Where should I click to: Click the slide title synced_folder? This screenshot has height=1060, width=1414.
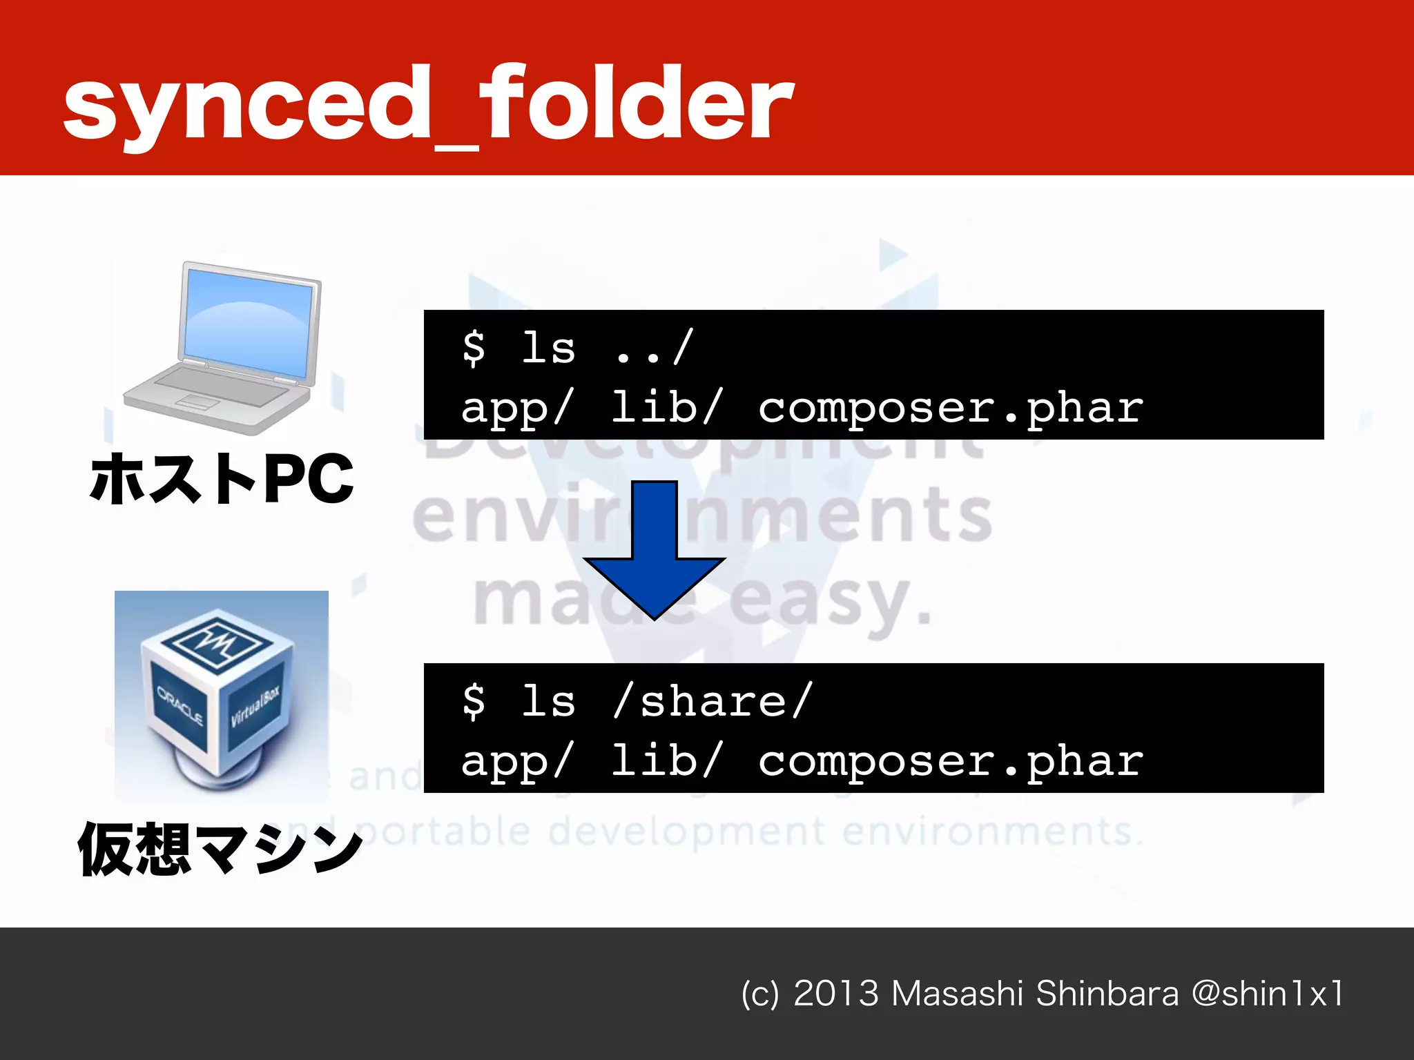pyautogui.click(x=428, y=104)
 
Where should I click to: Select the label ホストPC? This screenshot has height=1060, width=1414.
pyautogui.click(x=221, y=479)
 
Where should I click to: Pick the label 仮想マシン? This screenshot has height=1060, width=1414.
pyautogui.click(x=220, y=849)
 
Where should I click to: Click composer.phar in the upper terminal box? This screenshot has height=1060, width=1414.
pyautogui.click(x=950, y=409)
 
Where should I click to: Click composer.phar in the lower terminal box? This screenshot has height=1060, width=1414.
pyautogui.click(x=950, y=762)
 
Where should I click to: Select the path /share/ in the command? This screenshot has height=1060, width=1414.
pyautogui.click(x=713, y=702)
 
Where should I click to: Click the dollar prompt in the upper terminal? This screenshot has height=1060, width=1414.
pyautogui.click(x=474, y=347)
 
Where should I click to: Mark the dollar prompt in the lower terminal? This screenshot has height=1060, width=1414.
pyautogui.click(x=474, y=701)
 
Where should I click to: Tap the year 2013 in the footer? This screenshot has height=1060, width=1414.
pyautogui.click(x=835, y=994)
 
